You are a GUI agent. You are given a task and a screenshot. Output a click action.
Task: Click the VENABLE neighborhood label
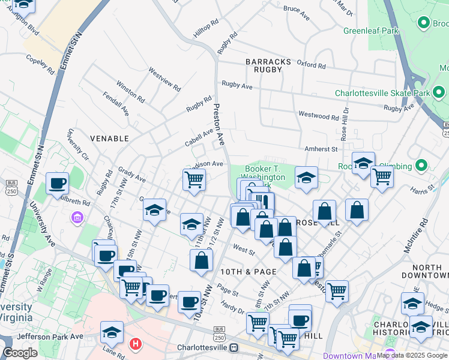[x=109, y=139]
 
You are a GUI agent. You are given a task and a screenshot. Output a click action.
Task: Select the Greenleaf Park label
[x=371, y=30]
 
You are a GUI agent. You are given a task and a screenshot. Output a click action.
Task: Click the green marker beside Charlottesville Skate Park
[x=439, y=93]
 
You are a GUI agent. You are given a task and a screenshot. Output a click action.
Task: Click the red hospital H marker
[x=136, y=344]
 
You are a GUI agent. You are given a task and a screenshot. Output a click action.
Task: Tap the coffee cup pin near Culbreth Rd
[x=58, y=183]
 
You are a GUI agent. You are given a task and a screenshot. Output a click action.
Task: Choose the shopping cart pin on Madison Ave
[x=194, y=179]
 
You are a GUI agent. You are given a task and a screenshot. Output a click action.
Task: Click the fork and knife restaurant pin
[x=262, y=201]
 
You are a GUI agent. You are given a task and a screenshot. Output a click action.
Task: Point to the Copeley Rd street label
[x=40, y=64]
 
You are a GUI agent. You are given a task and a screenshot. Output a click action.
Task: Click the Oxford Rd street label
[x=311, y=65]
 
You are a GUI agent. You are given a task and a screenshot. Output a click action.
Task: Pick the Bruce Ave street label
[x=296, y=10]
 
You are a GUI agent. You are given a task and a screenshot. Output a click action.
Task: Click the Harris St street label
[x=424, y=190]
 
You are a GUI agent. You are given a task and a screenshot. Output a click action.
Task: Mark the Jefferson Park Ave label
[x=50, y=337]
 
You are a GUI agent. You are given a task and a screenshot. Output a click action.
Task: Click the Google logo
[x=20, y=353]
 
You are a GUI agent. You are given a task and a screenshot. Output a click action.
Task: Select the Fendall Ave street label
[x=116, y=103]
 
